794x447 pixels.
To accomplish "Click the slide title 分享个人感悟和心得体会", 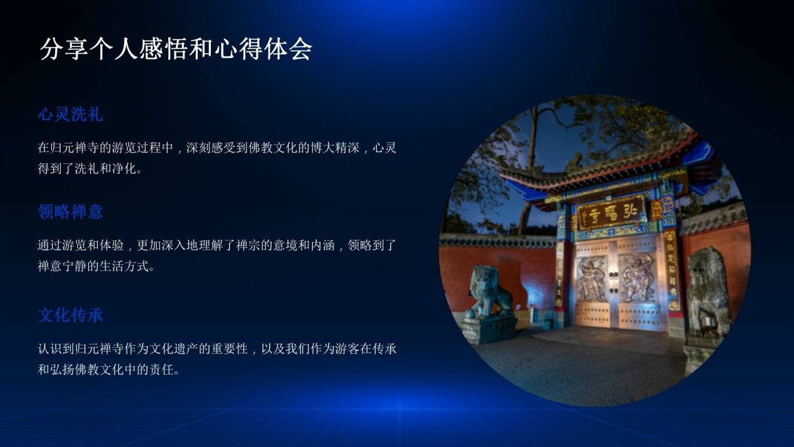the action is click(x=176, y=49).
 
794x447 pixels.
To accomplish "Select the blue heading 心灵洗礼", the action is click(x=70, y=114).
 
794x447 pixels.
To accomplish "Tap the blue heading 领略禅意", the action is click(x=70, y=212).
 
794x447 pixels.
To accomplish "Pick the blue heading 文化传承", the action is click(x=70, y=315).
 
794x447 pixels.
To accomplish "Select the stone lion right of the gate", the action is click(x=708, y=291).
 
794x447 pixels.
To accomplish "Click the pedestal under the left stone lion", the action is click(x=489, y=330).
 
